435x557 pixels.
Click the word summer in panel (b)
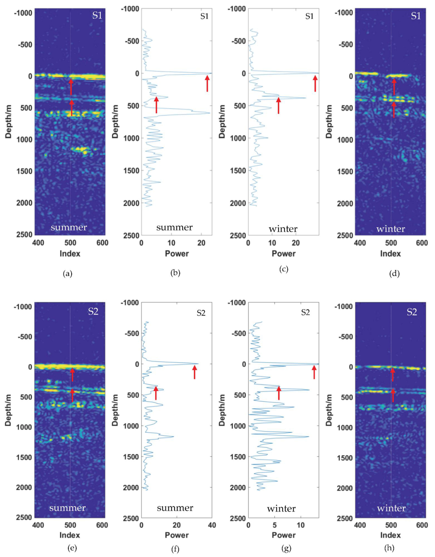coord(175,227)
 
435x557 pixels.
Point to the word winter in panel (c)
coord(283,229)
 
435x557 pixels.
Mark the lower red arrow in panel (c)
coord(279,105)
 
